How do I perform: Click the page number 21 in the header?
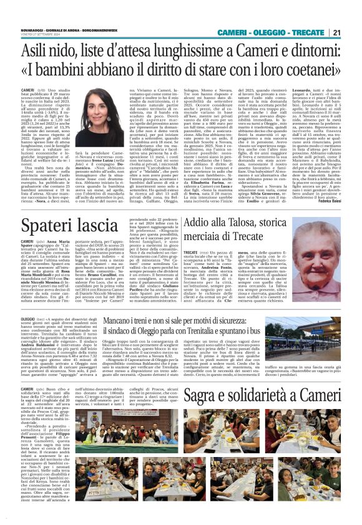(x=352, y=15)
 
